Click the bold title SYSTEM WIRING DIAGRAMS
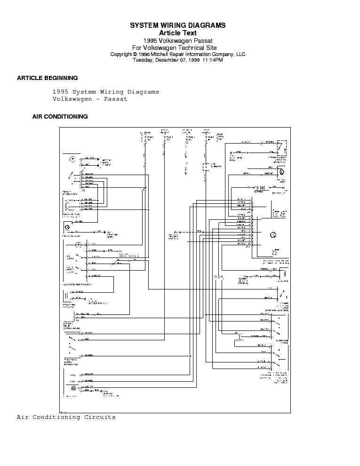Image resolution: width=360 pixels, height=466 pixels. pos(177,25)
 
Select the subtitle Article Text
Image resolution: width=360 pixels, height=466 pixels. pos(177,33)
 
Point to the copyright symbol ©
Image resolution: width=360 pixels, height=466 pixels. pos(135,54)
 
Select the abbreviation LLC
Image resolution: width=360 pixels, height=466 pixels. pos(240,54)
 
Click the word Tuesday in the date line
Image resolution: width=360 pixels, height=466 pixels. pos(143,60)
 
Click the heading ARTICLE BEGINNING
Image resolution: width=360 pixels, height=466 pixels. pos(47,78)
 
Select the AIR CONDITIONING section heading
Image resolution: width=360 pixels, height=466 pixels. pos(60,117)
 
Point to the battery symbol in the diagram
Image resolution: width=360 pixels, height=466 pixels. pos(259,187)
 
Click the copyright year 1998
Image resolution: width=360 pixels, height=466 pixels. pos(144,54)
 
